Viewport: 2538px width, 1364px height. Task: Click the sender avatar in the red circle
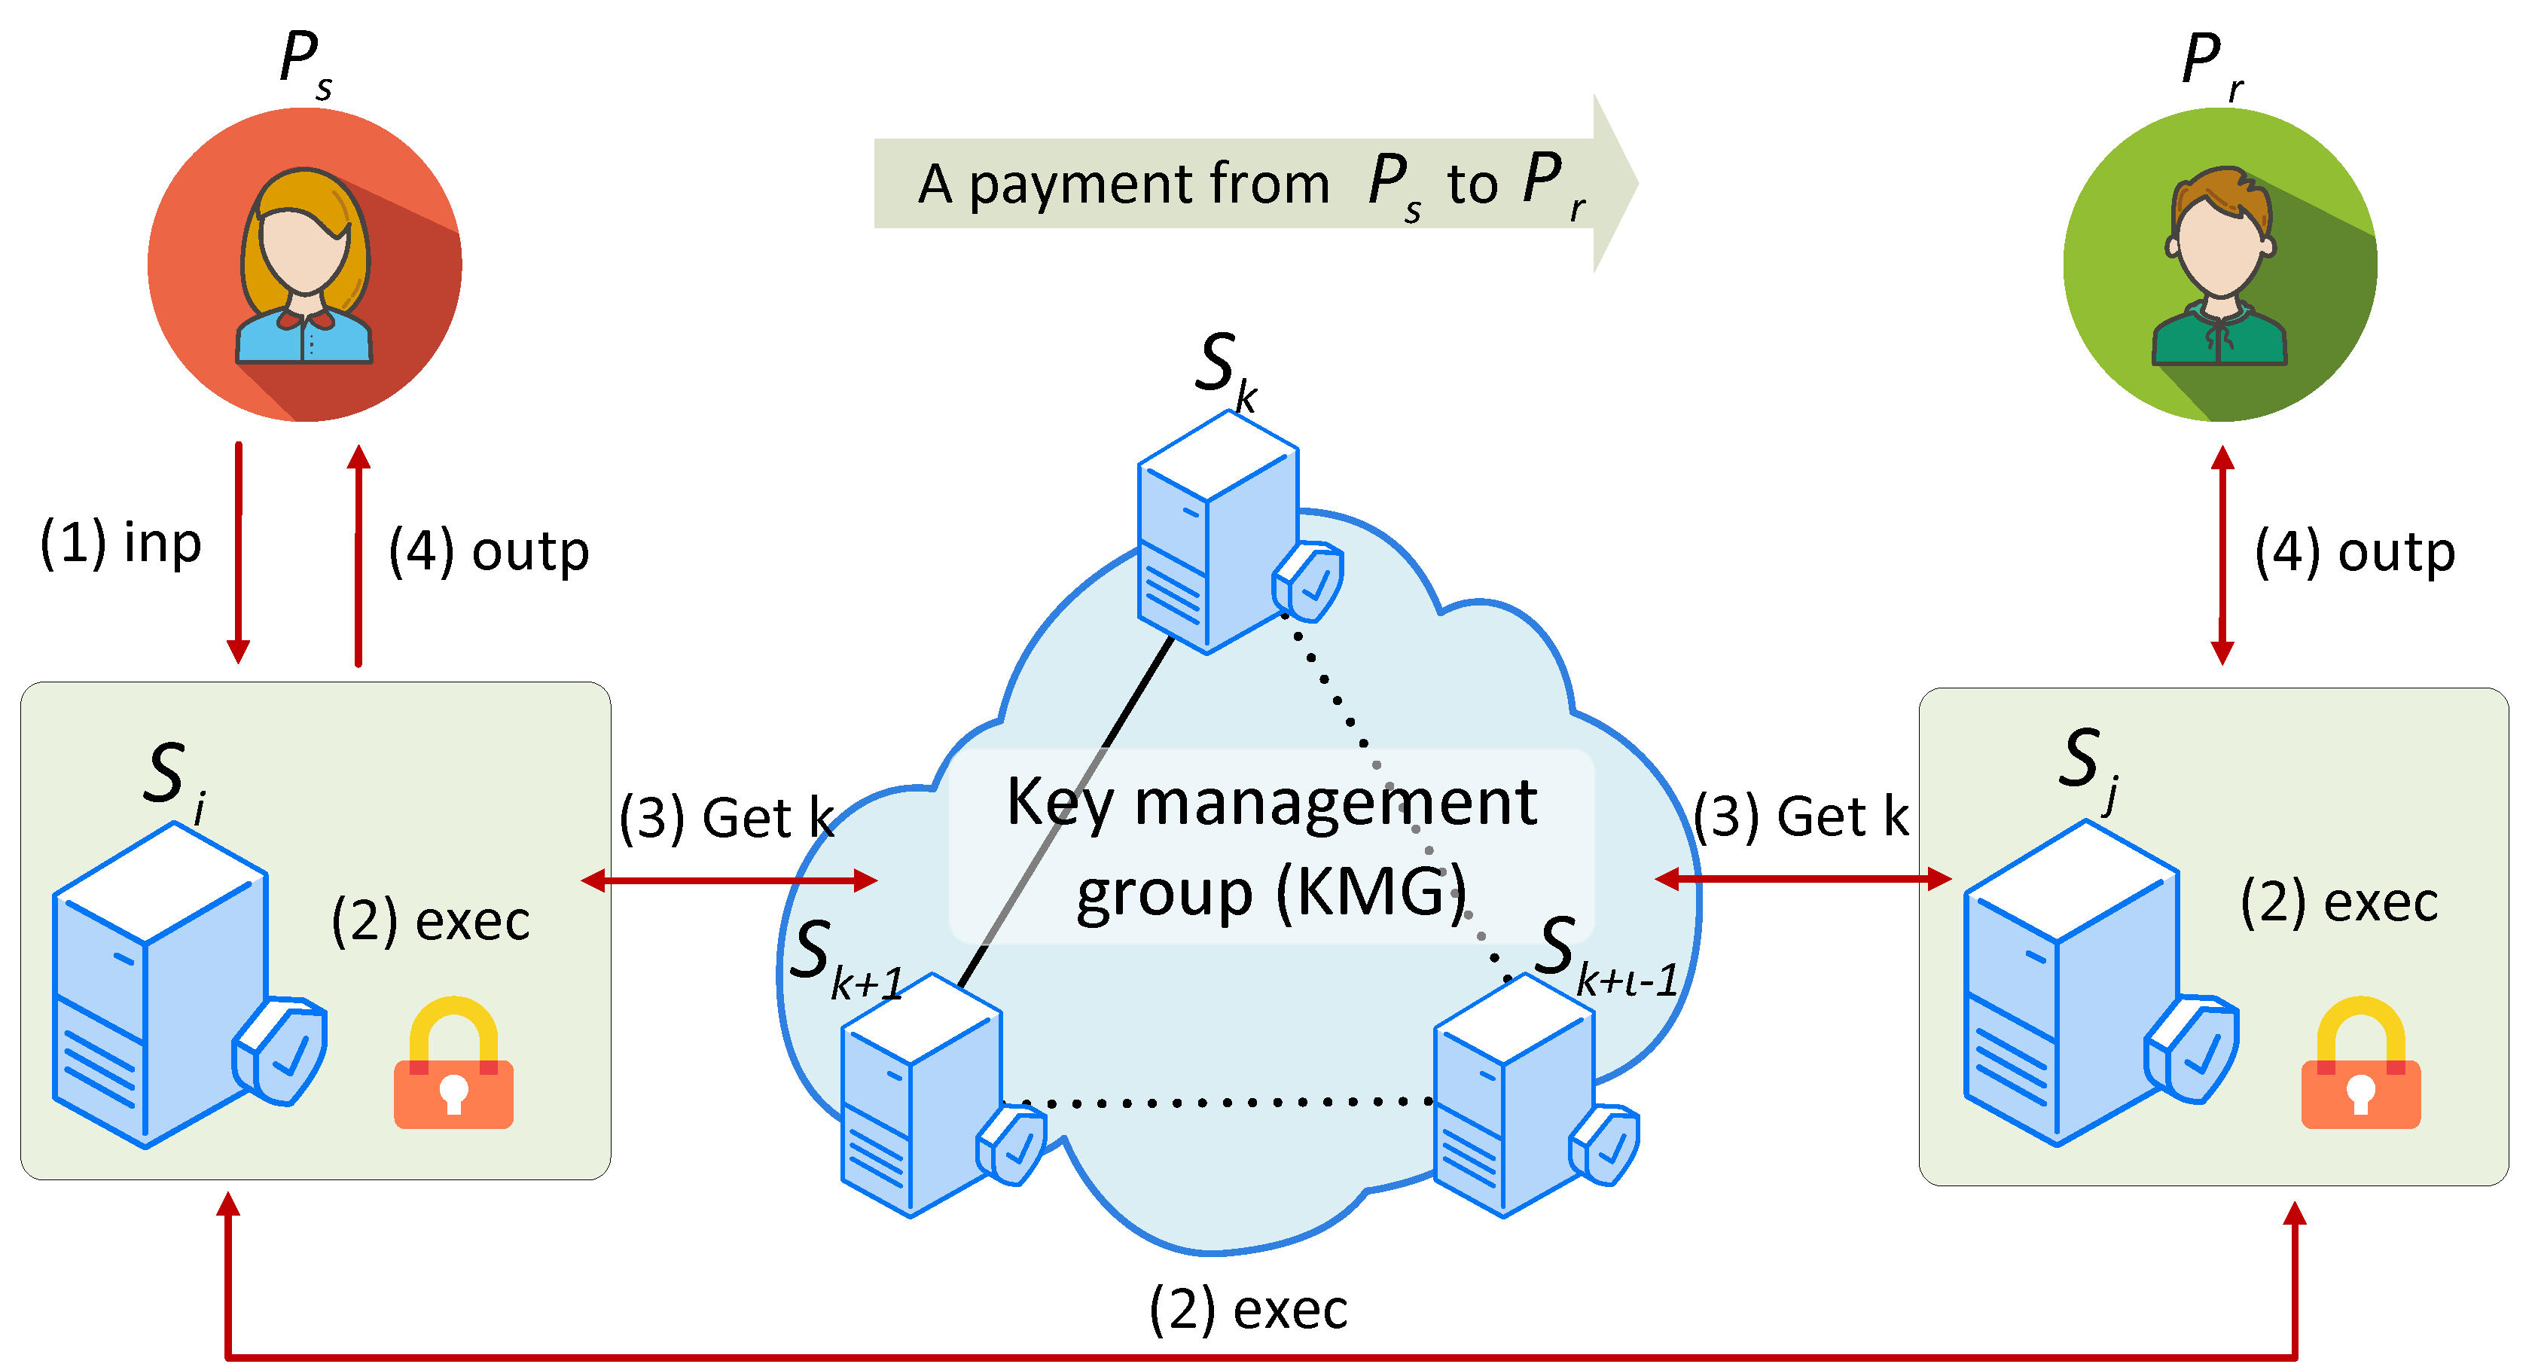pyautogui.click(x=304, y=264)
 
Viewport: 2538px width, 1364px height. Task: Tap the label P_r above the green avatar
pyautogui.click(x=2209, y=63)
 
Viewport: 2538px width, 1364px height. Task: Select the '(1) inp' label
pyautogui.click(x=120, y=543)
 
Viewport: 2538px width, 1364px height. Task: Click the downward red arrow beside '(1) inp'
pyautogui.click(x=239, y=552)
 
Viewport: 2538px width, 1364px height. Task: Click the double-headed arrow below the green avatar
pyautogui.click(x=2222, y=555)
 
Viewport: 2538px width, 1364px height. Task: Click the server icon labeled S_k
pyautogui.click(x=1219, y=532)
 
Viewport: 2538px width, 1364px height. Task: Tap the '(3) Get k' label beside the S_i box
pyautogui.click(x=727, y=817)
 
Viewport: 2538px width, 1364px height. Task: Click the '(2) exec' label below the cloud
pyautogui.click(x=1249, y=1309)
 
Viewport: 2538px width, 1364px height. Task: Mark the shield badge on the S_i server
pyautogui.click(x=281, y=1051)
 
